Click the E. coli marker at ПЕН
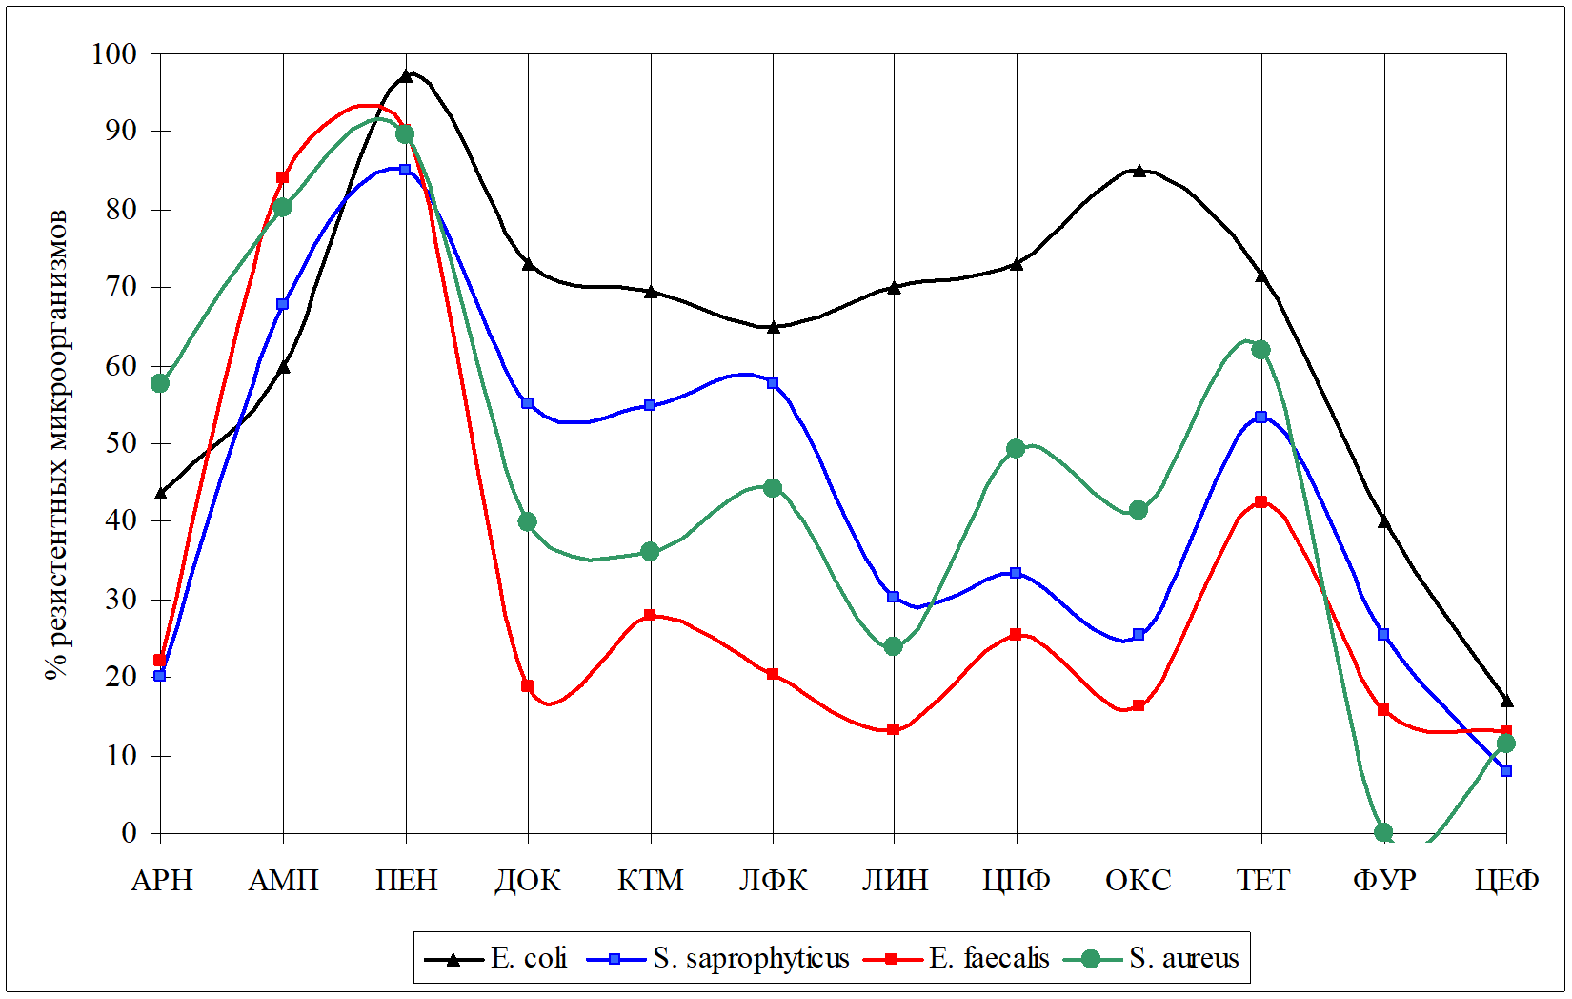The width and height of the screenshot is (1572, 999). point(406,75)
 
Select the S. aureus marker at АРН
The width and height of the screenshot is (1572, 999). point(160,383)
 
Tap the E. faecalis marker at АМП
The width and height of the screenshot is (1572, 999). point(282,177)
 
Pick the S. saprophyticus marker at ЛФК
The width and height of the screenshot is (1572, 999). point(773,383)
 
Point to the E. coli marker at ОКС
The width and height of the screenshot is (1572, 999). point(1139,171)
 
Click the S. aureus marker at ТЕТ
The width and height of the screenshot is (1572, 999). point(1260,350)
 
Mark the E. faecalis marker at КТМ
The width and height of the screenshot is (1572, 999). point(650,615)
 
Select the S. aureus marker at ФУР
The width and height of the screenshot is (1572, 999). point(1383,832)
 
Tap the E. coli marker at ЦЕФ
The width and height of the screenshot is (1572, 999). point(1506,701)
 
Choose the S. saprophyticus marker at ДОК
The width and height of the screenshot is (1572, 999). point(528,403)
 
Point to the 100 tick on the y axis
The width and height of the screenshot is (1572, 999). point(114,53)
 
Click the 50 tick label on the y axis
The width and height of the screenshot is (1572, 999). point(121,443)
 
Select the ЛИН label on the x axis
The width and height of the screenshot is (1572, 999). point(895,880)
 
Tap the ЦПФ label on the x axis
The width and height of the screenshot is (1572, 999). point(1017,880)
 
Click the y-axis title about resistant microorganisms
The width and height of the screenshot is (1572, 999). point(57,443)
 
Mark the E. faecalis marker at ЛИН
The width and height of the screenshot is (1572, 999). point(894,729)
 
